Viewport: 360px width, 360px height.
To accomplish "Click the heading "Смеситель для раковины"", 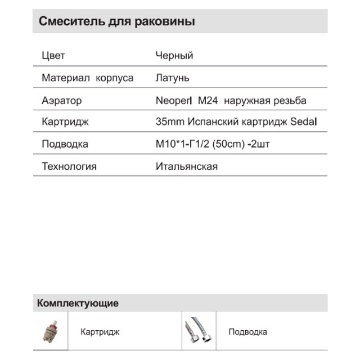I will tap(117, 22).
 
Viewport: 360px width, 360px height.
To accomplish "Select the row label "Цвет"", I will tap(53, 56).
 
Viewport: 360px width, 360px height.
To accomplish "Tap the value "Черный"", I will tap(174, 56).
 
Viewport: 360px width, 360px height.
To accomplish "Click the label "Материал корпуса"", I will tap(87, 78).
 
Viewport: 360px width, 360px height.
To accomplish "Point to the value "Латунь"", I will tap(172, 78).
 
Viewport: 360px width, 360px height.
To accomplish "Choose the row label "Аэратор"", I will tap(62, 100).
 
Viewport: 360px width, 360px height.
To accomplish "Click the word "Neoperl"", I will tap(174, 100).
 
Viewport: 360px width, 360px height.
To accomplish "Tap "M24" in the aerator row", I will tap(208, 100).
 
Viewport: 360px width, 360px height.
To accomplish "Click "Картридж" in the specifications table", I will tap(65, 122).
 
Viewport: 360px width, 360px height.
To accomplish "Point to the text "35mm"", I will tap(170, 122).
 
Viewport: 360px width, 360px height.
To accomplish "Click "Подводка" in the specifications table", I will tap(65, 144).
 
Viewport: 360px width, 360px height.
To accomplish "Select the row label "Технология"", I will tap(69, 166).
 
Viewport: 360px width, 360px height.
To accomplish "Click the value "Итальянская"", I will tap(186, 166).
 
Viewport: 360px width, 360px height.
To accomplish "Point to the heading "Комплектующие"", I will tap(78, 303).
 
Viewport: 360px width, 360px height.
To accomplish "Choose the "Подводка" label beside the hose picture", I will tap(247, 332).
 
